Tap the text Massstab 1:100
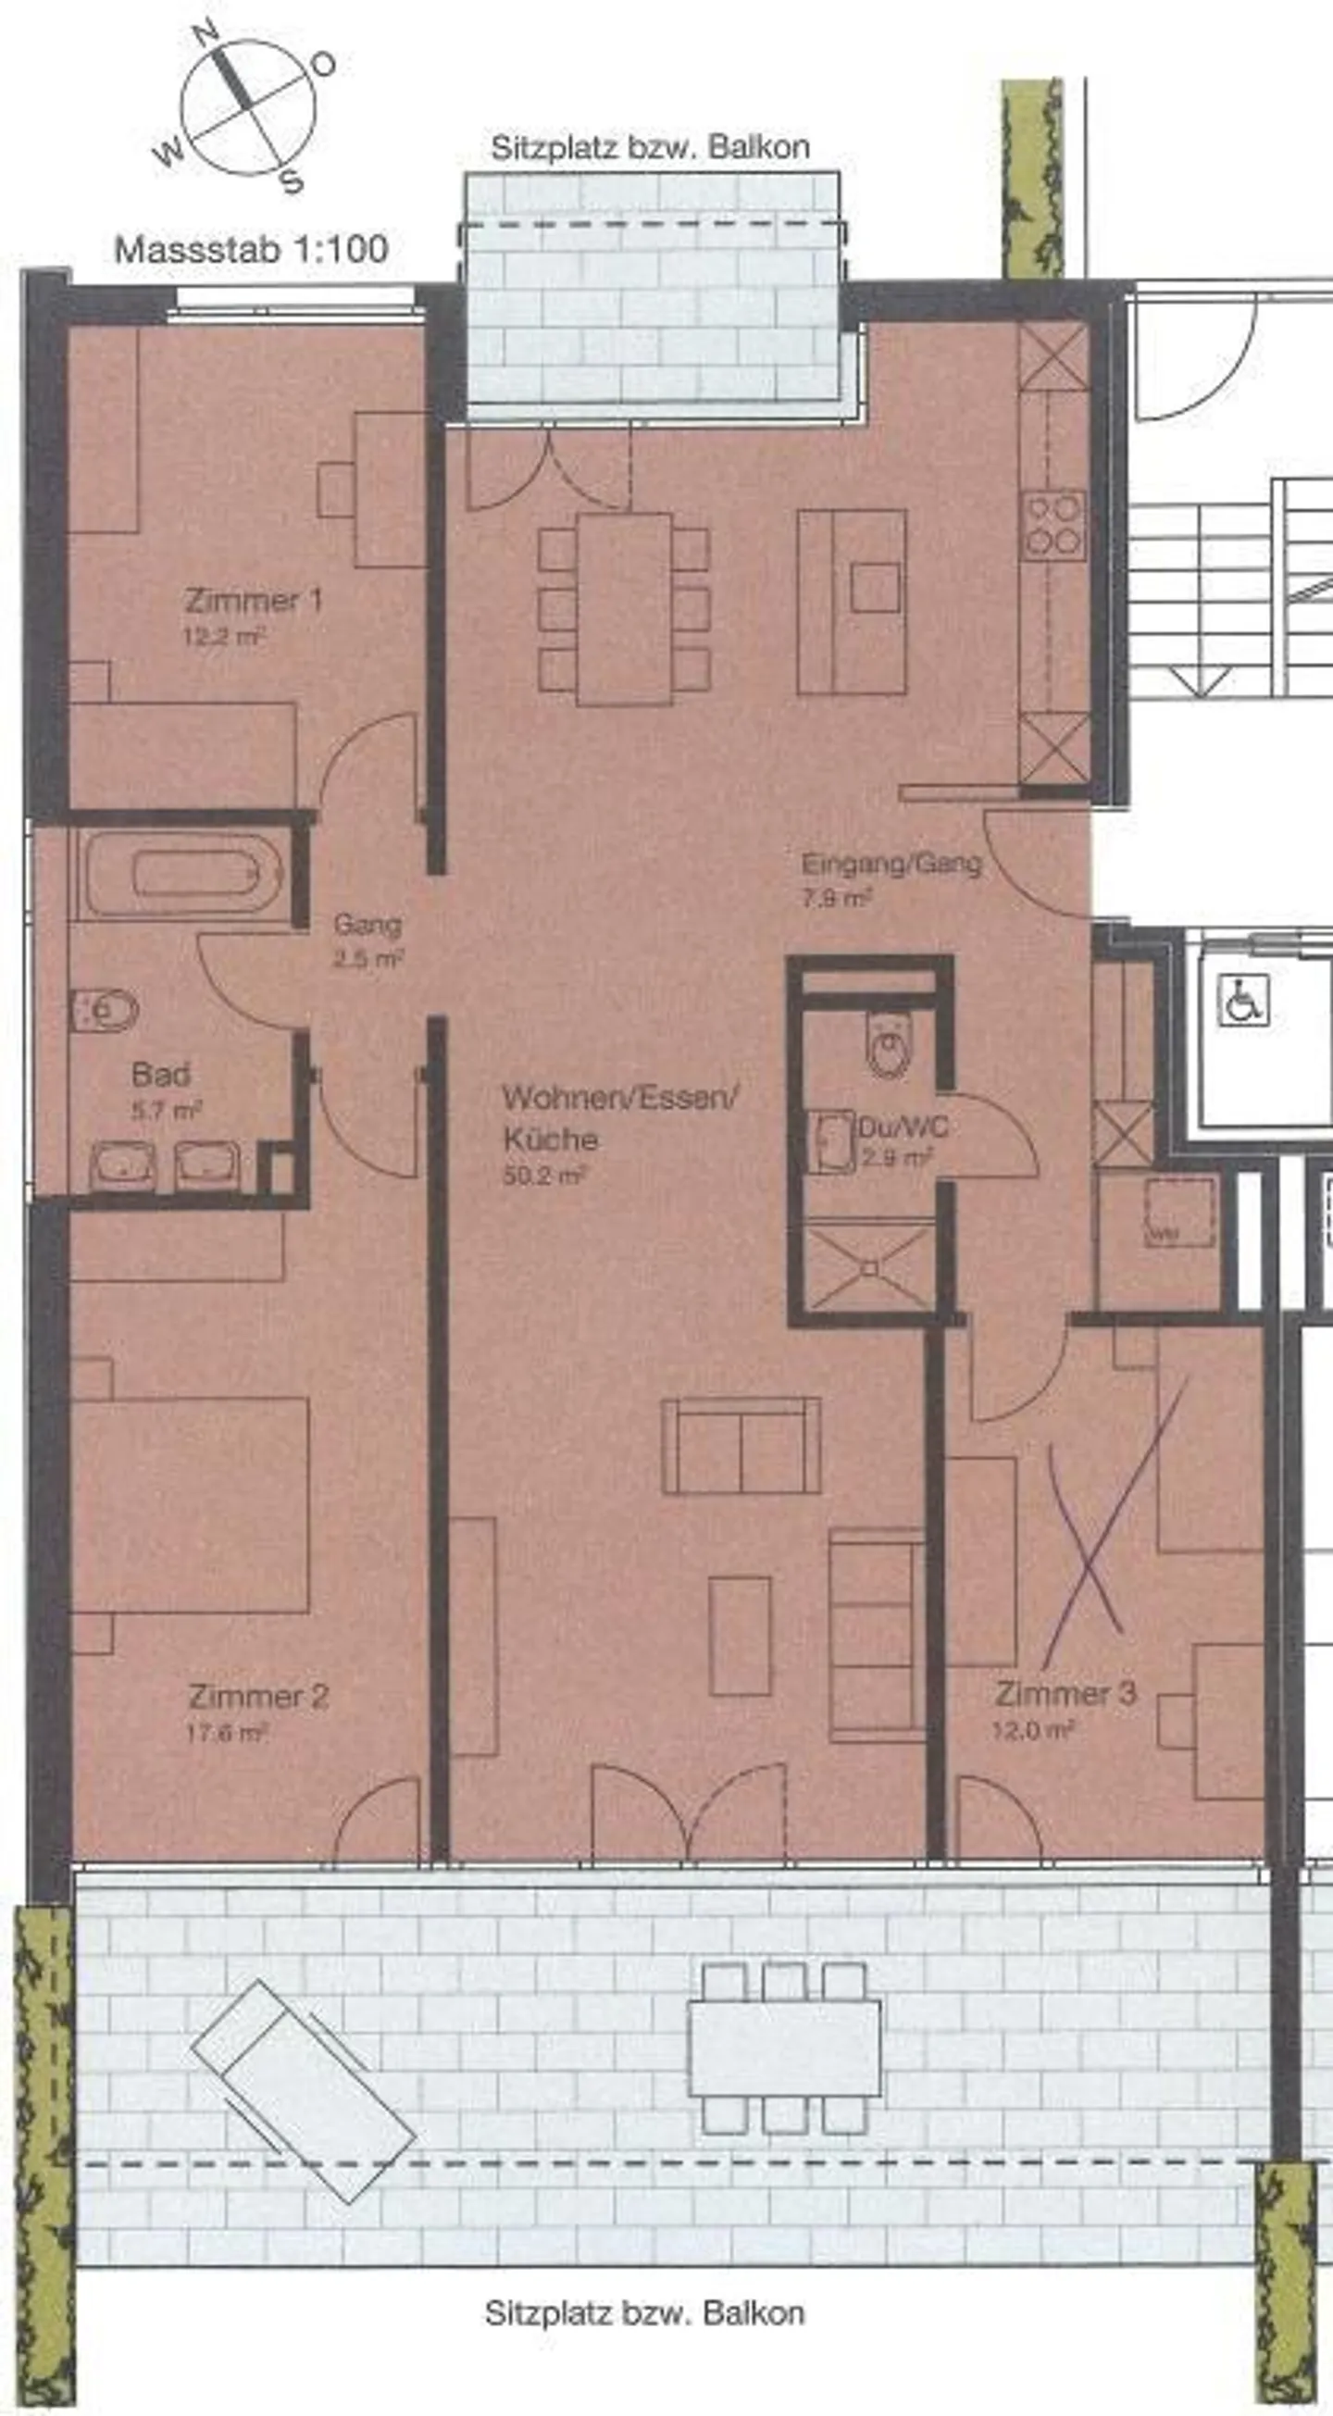point(251,250)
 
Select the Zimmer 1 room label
point(254,600)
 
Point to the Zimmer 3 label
point(1065,1693)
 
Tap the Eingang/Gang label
point(891,864)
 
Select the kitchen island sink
point(875,587)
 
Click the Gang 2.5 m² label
point(368,940)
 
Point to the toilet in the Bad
point(104,1010)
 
